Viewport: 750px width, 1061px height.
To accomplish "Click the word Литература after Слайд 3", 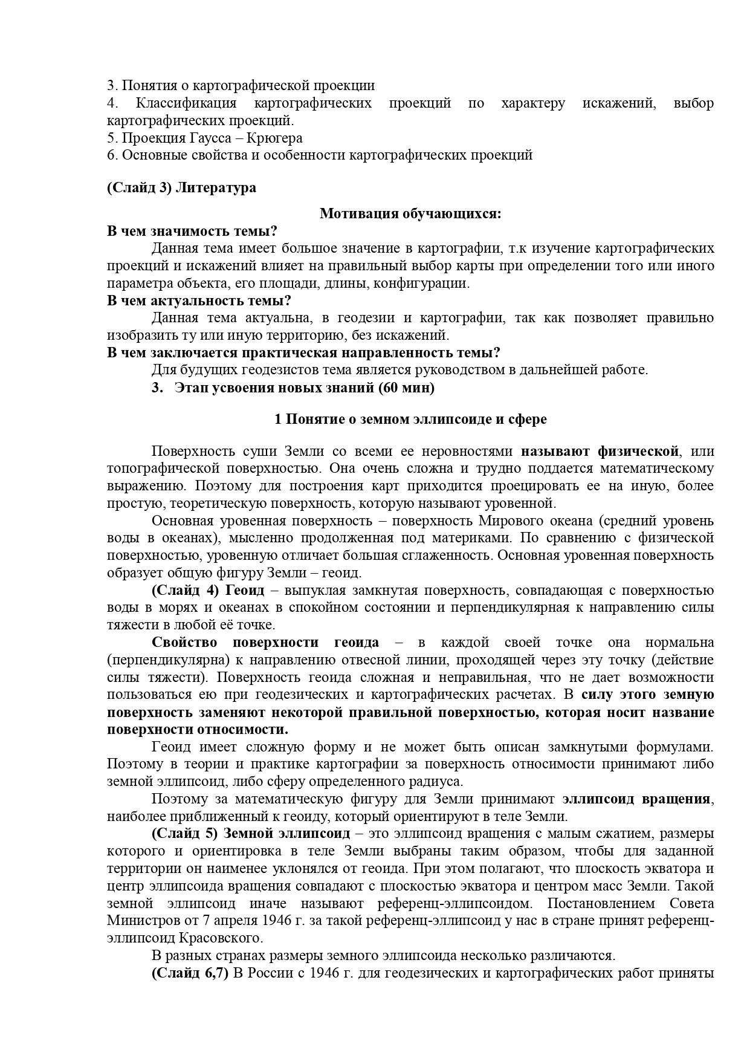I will [216, 188].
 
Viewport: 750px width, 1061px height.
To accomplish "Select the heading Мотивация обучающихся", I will [410, 213].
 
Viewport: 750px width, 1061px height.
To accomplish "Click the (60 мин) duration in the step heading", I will [406, 388].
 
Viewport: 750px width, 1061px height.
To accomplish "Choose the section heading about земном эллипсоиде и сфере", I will [410, 419].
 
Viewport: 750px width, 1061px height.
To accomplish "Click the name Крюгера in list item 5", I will [279, 138].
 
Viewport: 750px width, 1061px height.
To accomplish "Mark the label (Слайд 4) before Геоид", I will [188, 590].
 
